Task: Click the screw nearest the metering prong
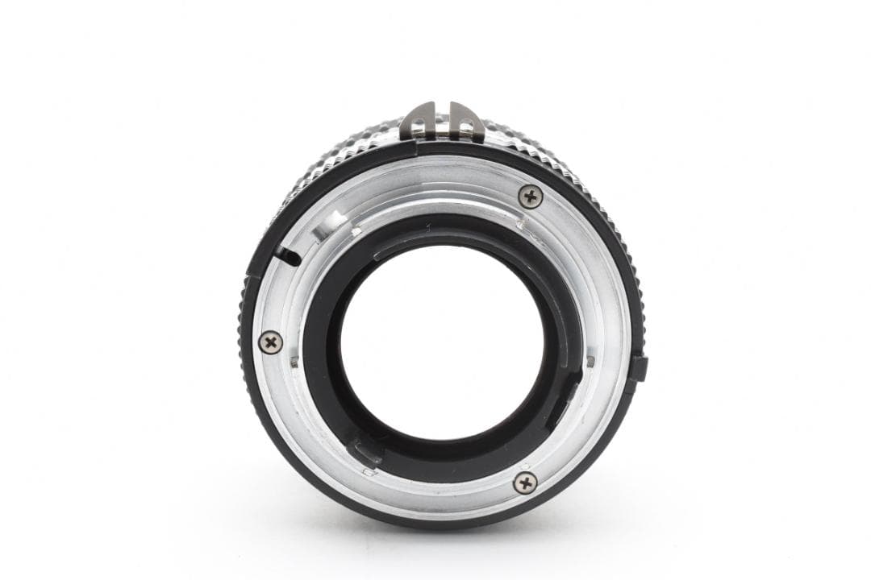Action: (530, 195)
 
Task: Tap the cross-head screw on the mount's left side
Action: (271, 342)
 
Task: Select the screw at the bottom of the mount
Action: (524, 482)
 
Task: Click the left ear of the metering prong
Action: (421, 120)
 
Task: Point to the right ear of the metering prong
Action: (465, 120)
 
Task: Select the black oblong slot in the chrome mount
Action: (287, 256)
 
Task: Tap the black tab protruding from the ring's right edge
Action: (638, 368)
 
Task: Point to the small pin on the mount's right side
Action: (590, 361)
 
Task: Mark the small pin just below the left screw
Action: (294, 362)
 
